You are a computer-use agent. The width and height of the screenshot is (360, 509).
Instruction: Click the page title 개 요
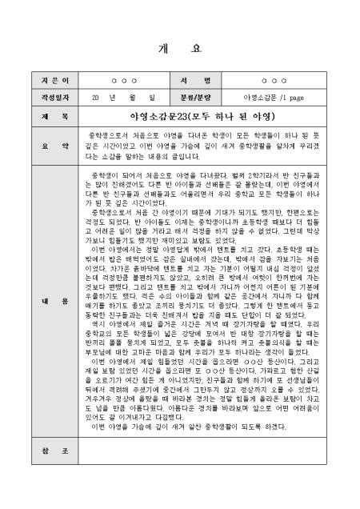179,47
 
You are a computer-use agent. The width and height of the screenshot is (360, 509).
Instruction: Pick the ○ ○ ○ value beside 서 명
273,82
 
